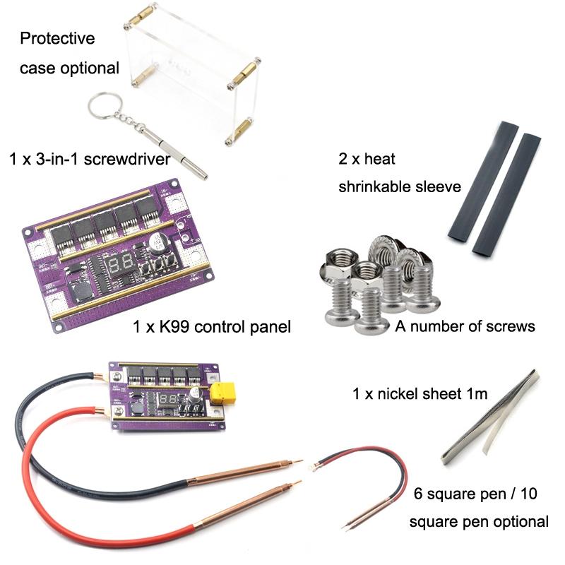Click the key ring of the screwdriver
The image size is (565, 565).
[x=90, y=108]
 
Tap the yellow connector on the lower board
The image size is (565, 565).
[x=222, y=393]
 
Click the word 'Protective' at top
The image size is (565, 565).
[x=58, y=38]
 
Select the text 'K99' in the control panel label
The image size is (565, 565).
[x=174, y=327]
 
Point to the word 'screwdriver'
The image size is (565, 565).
[x=127, y=159]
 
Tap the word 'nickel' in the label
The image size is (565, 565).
[x=399, y=393]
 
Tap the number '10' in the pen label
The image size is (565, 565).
[x=528, y=494]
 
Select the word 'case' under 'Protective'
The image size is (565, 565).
[x=37, y=69]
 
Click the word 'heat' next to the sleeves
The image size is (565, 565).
[x=379, y=158]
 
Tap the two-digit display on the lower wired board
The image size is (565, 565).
[x=169, y=399]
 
